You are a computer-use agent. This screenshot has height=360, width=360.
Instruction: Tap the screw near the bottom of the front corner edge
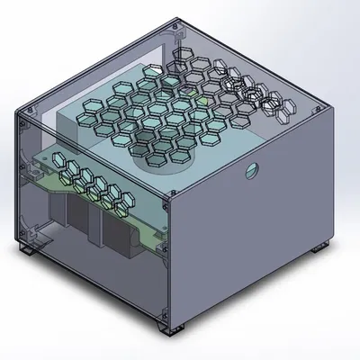[164, 310]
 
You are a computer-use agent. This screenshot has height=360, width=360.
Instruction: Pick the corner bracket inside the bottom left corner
[36, 236]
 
